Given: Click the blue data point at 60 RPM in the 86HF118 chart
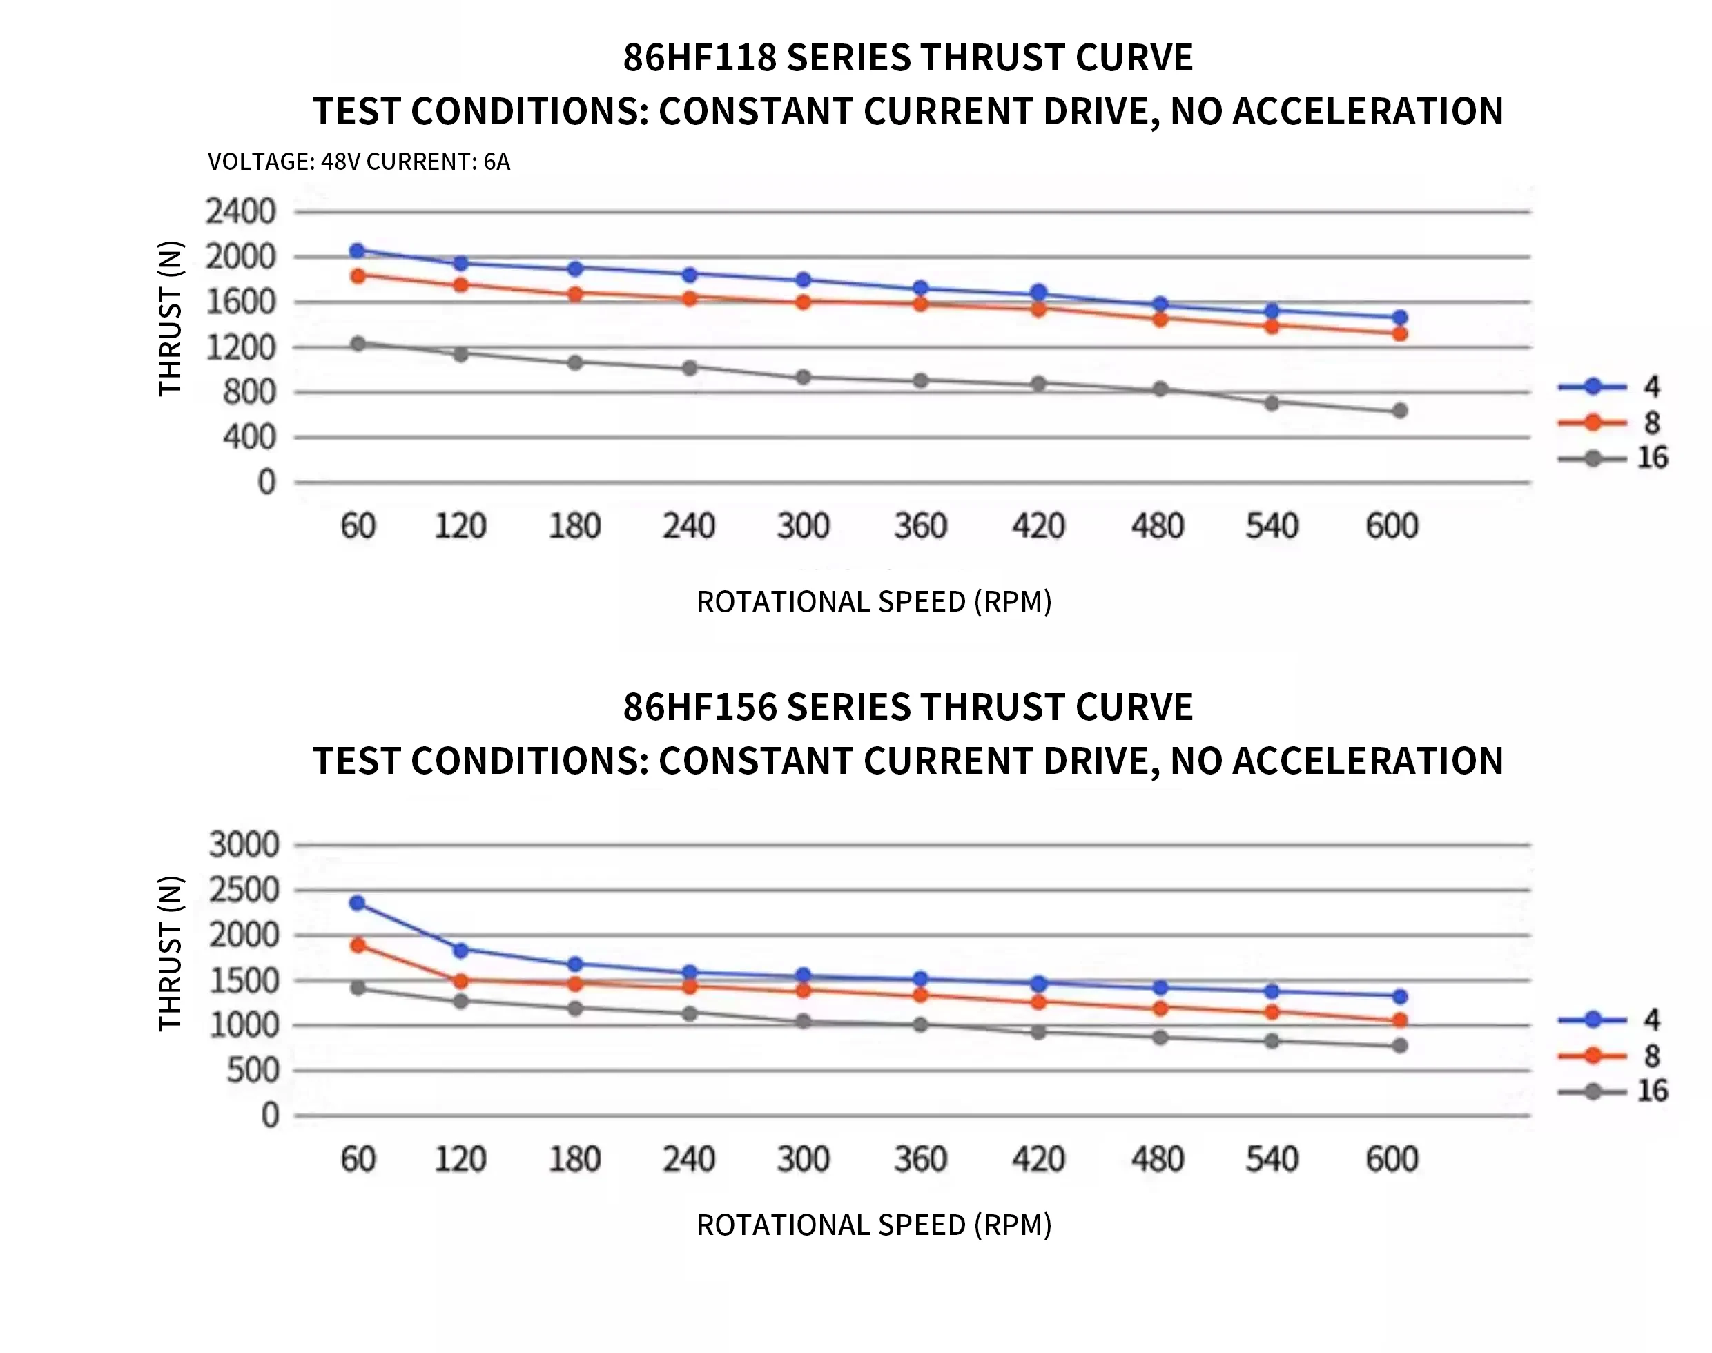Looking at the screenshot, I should [358, 251].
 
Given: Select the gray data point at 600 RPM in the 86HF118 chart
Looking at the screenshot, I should [1400, 410].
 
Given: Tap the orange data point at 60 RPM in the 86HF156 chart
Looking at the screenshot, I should [358, 945].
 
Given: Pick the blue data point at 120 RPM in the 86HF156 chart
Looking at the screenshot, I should [460, 950].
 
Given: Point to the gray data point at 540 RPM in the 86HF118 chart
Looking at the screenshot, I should [1272, 403].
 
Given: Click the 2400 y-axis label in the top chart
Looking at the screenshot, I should [241, 213].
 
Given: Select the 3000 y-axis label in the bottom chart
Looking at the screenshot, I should [244, 845].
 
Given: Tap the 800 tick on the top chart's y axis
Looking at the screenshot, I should [249, 392].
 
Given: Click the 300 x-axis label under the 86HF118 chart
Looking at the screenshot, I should [804, 526].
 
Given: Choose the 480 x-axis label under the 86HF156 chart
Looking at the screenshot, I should [1158, 1160].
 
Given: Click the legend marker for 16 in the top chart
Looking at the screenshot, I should [1593, 458].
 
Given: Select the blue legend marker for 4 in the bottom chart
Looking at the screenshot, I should [1593, 1020].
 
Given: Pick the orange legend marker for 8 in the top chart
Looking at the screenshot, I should [1593, 423].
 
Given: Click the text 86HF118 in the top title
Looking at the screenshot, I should [699, 58].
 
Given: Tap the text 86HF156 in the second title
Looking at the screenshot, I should [699, 708].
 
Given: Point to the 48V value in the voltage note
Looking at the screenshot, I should [340, 162].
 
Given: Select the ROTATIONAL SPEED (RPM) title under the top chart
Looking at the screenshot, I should [874, 602].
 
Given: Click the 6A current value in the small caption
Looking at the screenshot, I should [497, 162].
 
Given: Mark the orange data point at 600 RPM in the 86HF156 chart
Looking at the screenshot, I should [1400, 1020].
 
